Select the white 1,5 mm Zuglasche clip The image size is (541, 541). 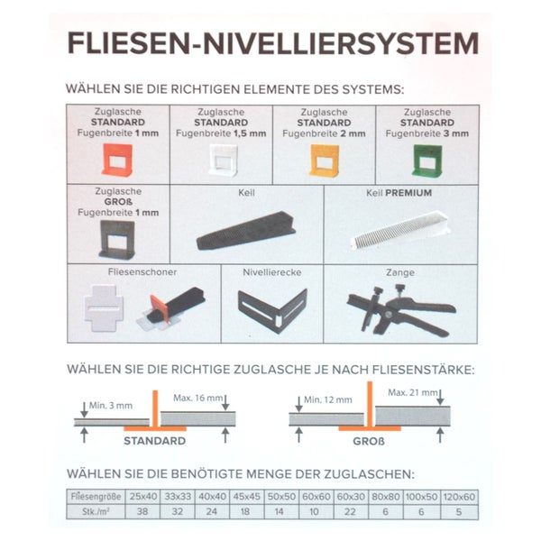coord(220,160)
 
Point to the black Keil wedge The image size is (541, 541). coord(243,235)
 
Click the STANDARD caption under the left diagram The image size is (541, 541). coord(154,441)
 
